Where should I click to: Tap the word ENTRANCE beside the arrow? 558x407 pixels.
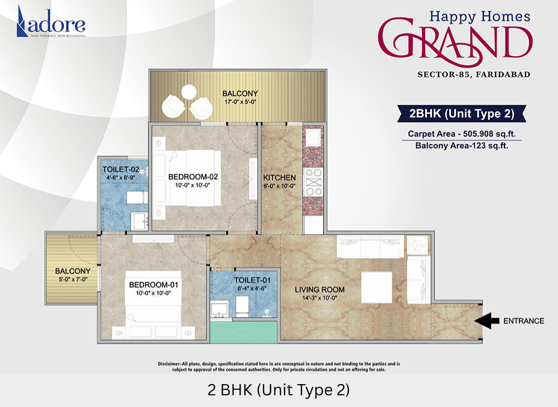pos(523,321)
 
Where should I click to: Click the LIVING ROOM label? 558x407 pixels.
pos(320,290)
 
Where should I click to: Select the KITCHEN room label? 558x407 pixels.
pos(280,177)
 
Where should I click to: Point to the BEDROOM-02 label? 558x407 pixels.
pos(193,177)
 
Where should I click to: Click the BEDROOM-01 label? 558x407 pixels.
pos(153,285)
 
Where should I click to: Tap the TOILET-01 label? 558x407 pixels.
pos(252,280)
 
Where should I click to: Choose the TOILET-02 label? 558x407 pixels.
pos(121,169)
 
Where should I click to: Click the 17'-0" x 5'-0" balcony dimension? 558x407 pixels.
pos(240,102)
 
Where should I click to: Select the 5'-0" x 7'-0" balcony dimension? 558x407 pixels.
pos(73,279)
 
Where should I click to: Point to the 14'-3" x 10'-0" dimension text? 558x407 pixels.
pos(320,298)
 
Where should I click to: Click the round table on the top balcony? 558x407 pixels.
pos(189,92)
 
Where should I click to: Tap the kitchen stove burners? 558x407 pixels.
pos(314,182)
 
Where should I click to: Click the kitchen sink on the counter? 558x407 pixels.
pos(313,136)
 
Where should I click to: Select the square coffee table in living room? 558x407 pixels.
pos(377,287)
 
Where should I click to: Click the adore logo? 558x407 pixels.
pos(51,22)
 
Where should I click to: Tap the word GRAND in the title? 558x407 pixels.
pos(455,41)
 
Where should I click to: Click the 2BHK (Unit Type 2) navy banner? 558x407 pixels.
pos(461,113)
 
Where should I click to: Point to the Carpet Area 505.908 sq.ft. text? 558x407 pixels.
pos(461,134)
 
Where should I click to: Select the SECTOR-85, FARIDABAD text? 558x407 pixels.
pos(474,74)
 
